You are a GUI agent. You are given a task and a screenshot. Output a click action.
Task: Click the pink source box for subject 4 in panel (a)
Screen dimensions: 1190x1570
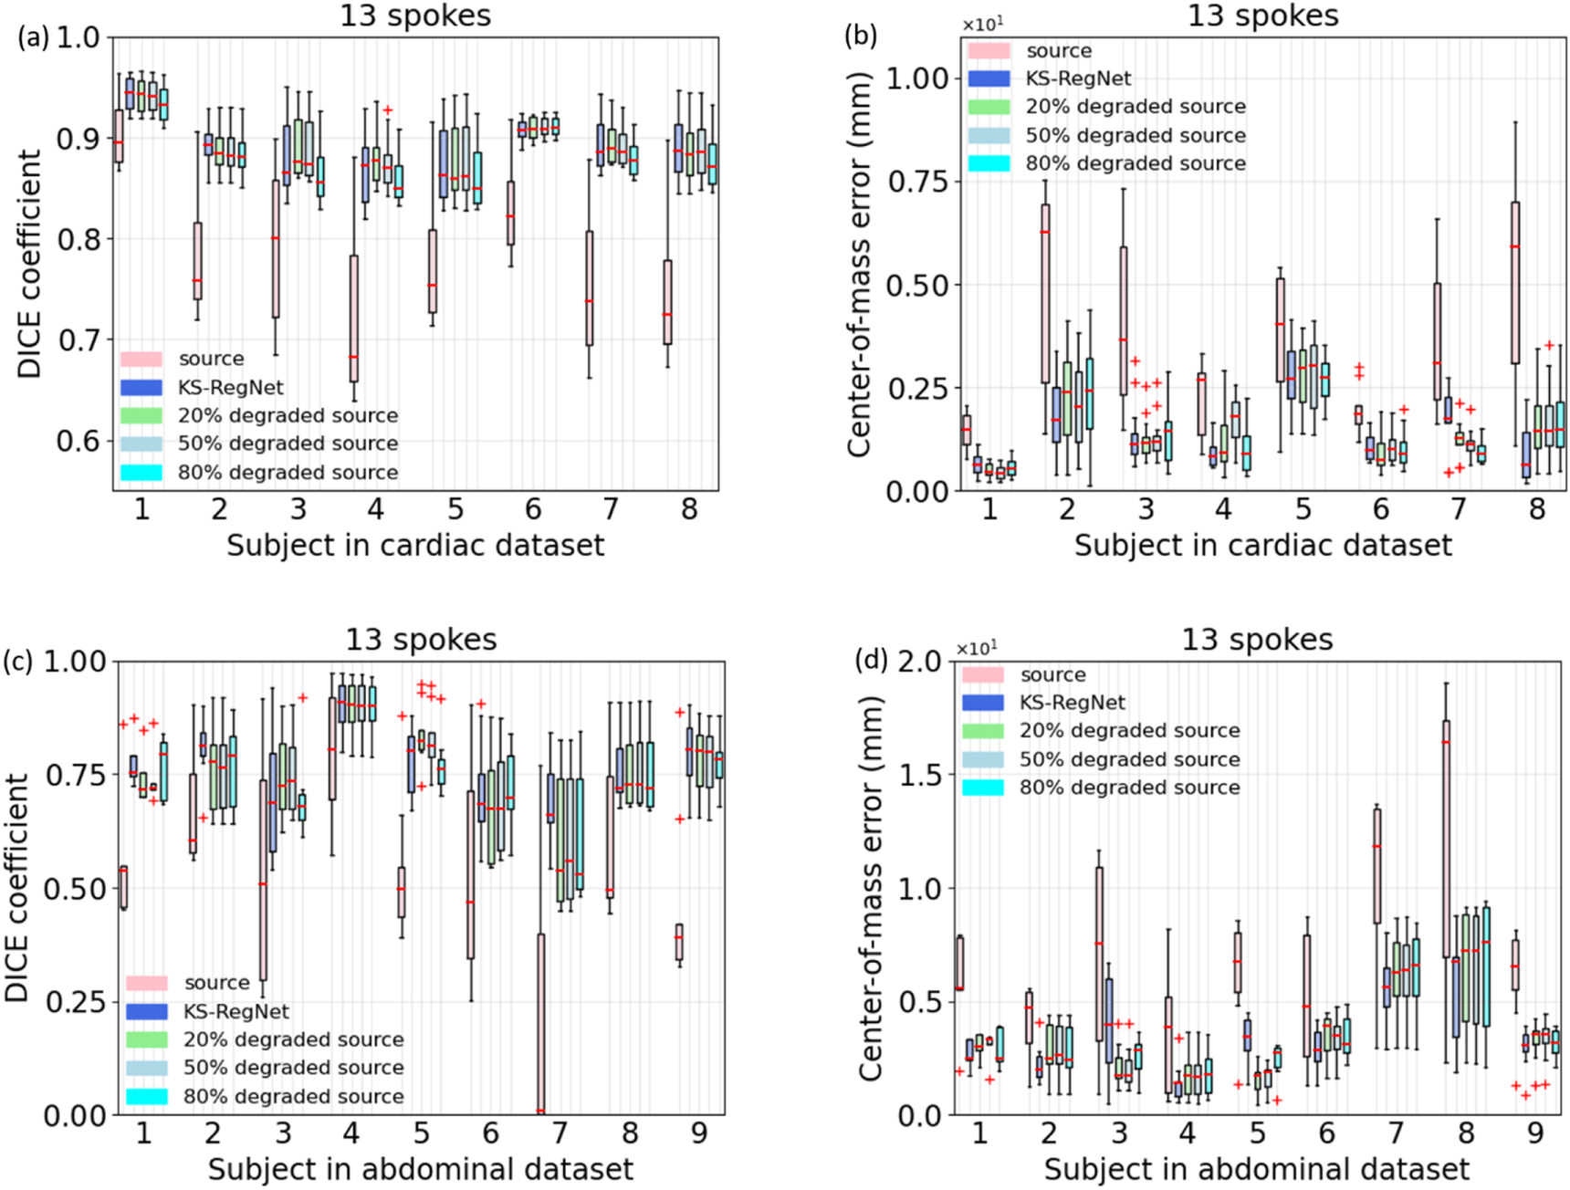(x=353, y=318)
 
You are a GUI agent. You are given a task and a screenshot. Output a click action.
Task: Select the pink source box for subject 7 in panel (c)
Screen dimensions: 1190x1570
(x=540, y=1022)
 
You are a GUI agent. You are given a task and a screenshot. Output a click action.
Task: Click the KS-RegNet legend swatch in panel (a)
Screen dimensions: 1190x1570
(x=141, y=387)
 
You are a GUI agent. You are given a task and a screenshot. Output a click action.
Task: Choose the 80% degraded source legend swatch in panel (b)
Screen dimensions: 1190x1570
(x=989, y=163)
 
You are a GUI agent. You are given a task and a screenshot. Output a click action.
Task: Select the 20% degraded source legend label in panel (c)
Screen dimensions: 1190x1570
(x=293, y=1039)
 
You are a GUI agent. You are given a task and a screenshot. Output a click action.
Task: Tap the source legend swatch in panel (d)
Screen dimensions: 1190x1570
(x=983, y=674)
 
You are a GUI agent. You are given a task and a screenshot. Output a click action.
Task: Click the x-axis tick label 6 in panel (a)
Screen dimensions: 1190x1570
(x=533, y=508)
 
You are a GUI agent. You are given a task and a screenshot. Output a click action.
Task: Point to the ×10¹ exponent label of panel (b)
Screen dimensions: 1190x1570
(x=983, y=25)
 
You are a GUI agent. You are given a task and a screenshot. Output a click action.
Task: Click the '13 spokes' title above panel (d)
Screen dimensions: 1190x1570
(x=1257, y=640)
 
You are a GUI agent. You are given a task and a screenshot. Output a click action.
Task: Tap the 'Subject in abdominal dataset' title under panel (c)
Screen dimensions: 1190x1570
(x=420, y=1169)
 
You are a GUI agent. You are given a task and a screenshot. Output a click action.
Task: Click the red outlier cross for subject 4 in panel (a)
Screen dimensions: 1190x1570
(x=388, y=110)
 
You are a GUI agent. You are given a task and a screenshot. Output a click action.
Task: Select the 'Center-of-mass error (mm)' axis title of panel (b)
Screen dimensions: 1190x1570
(x=860, y=265)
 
